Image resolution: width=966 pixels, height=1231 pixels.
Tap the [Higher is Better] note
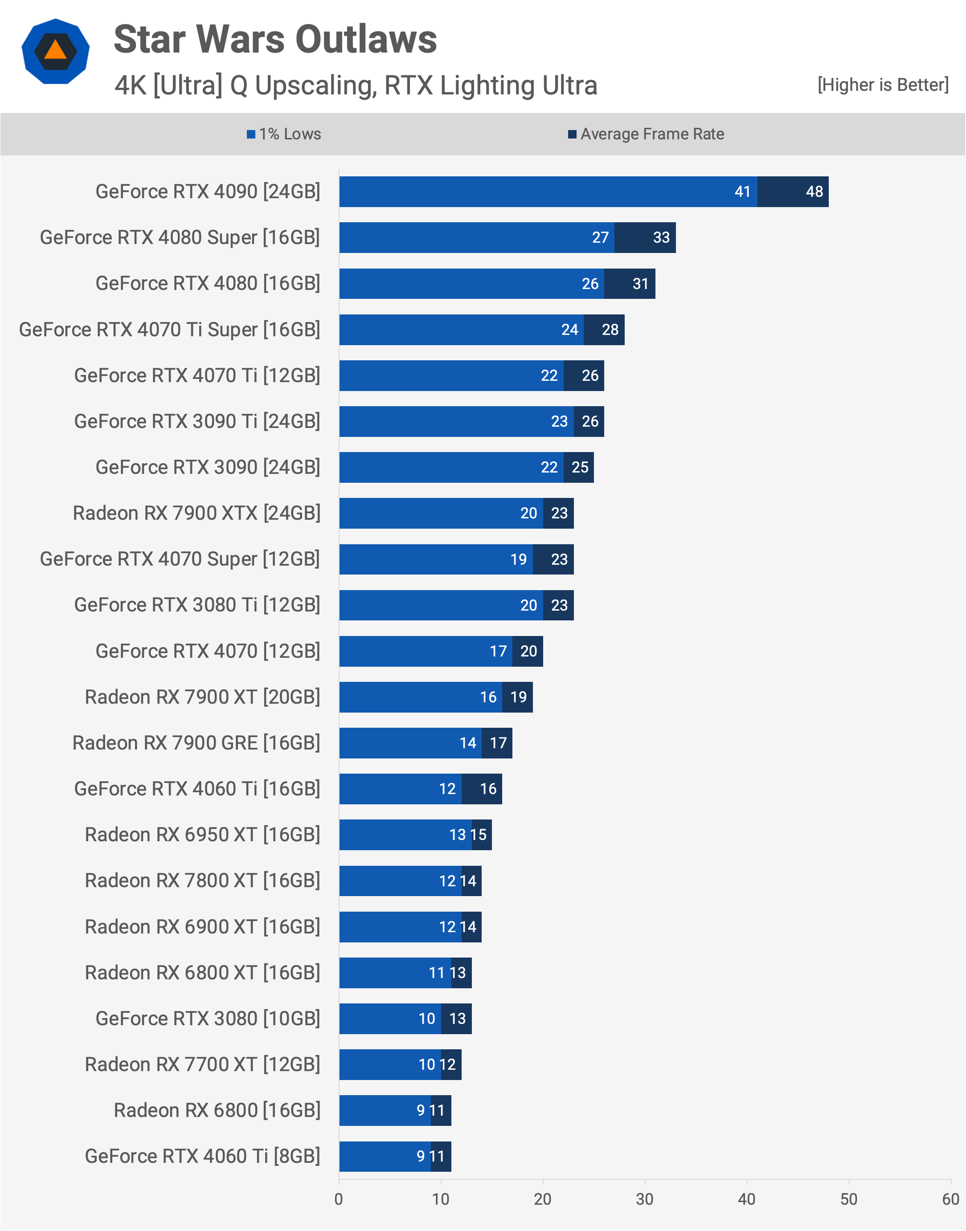882,85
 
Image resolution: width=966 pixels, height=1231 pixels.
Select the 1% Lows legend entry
284,134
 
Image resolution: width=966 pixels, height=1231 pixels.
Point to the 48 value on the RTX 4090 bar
814,192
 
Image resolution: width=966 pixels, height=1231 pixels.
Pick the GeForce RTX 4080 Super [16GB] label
180,237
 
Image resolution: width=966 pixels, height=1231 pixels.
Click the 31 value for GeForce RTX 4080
640,284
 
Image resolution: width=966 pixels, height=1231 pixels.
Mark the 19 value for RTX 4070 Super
518,559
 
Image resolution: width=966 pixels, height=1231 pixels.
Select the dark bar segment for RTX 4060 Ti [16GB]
481,789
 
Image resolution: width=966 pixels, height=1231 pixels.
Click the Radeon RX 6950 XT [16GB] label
202,835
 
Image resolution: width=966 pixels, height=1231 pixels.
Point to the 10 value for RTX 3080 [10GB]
426,1019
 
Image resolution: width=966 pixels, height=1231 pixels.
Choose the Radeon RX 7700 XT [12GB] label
202,1065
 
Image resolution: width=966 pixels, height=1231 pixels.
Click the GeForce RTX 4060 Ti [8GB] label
202,1156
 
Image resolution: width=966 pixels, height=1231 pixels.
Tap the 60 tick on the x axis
950,1199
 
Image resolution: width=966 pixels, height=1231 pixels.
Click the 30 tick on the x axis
644,1199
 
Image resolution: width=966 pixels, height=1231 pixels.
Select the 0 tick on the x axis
339,1199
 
